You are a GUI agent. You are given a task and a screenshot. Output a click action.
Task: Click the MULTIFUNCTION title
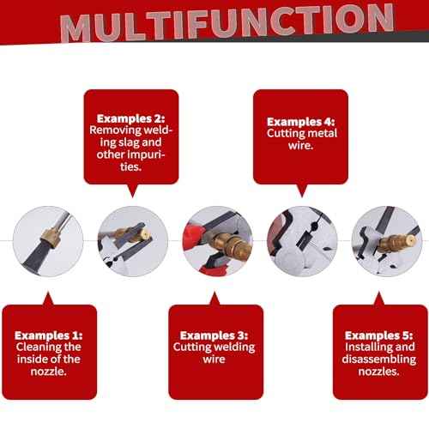(x=227, y=23)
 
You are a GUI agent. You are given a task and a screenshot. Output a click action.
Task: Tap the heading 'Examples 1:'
(x=49, y=335)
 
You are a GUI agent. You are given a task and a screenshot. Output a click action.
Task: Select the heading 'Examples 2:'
(x=131, y=118)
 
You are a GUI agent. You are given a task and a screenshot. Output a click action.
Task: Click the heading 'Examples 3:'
(x=214, y=335)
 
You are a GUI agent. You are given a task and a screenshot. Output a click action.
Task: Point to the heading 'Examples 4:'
(x=300, y=122)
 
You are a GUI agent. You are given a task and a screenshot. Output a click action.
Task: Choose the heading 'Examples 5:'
(x=379, y=335)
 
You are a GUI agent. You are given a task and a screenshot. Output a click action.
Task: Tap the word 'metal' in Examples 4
(x=323, y=133)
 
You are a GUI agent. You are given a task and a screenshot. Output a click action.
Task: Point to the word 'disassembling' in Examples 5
(x=379, y=360)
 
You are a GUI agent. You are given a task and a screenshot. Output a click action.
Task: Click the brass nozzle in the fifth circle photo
(x=396, y=243)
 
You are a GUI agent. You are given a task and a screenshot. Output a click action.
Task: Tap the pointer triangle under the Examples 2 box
(x=132, y=190)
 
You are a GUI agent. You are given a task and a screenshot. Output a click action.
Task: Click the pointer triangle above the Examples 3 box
(x=214, y=299)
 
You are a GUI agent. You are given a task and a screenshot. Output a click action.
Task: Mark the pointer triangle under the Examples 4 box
(x=302, y=190)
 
